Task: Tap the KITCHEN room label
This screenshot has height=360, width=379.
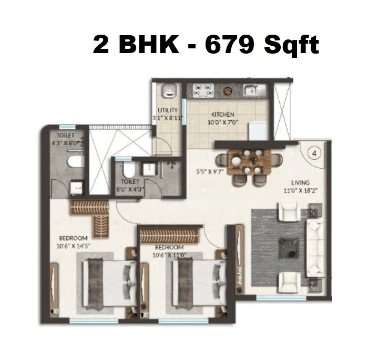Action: [223, 115]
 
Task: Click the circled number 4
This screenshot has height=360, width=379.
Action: [314, 154]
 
